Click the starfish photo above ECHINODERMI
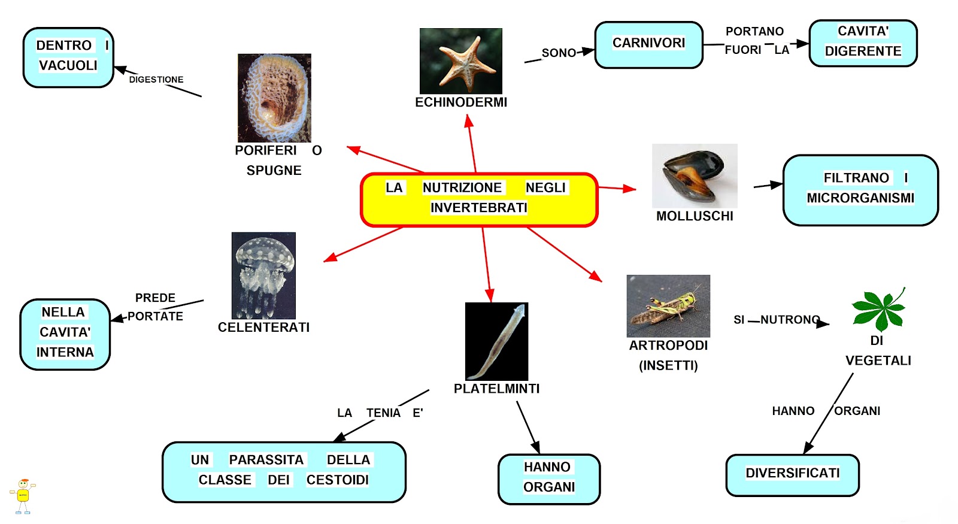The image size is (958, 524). tap(460, 60)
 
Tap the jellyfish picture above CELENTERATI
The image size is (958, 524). tap(263, 275)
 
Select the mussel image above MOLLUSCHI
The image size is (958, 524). tap(695, 175)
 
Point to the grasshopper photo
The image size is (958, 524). tap(668, 305)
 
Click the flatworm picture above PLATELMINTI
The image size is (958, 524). tap(496, 341)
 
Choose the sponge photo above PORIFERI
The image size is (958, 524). tap(274, 98)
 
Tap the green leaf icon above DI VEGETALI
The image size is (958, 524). tap(878, 310)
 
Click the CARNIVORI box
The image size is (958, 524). tap(648, 44)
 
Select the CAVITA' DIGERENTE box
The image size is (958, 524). tap(863, 43)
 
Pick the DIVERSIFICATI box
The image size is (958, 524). tap(792, 474)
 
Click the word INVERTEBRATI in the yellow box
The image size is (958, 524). tap(478, 208)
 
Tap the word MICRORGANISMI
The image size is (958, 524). tap(860, 198)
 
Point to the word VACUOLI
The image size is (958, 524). tap(68, 65)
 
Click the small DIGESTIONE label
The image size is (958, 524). tap(156, 80)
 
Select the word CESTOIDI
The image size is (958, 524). tap(338, 480)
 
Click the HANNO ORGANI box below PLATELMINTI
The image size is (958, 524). tap(548, 478)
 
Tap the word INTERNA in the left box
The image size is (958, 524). tap(65, 352)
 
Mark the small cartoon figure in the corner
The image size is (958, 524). tap(23, 496)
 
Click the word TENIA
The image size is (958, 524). tap(383, 413)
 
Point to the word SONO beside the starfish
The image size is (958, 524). tap(559, 53)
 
